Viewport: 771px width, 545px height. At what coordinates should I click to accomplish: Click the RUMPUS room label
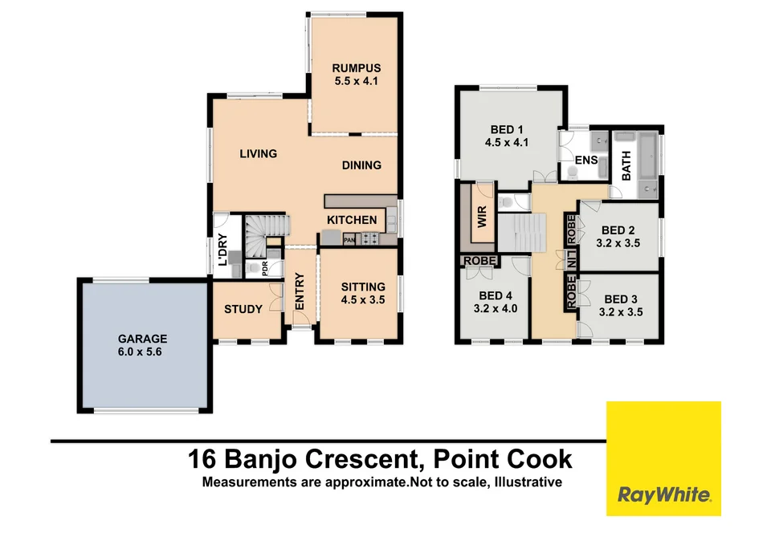(x=357, y=75)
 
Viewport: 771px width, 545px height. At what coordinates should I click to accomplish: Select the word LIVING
(x=258, y=154)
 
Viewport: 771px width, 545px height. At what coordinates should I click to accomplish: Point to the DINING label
(x=361, y=165)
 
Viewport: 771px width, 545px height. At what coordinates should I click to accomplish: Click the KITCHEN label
(x=351, y=220)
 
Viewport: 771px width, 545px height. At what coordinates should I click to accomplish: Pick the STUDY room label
(x=243, y=309)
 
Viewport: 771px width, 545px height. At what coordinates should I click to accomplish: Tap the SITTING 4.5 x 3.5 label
(x=363, y=293)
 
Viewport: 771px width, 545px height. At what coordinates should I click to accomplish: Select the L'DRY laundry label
(x=222, y=248)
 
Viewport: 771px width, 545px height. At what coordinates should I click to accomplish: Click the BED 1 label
(x=507, y=136)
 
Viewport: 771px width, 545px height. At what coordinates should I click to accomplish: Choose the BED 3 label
(x=622, y=307)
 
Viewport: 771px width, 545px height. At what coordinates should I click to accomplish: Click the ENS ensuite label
(x=585, y=161)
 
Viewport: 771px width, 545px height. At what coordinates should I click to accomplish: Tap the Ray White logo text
(x=663, y=494)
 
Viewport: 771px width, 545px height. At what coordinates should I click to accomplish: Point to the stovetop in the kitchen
(x=372, y=238)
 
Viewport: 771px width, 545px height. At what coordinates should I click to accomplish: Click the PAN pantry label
(x=349, y=239)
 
